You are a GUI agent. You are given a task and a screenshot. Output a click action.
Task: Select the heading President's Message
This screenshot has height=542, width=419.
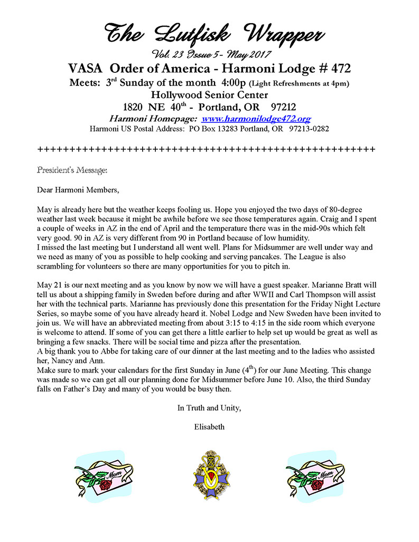click(x=72, y=170)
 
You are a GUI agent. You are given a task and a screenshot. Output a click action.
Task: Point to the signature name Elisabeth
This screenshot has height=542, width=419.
click(x=209, y=426)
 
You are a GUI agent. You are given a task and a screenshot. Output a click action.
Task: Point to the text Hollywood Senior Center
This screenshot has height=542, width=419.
click(x=209, y=95)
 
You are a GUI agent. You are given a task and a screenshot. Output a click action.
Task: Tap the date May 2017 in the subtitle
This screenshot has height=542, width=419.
click(x=251, y=54)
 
